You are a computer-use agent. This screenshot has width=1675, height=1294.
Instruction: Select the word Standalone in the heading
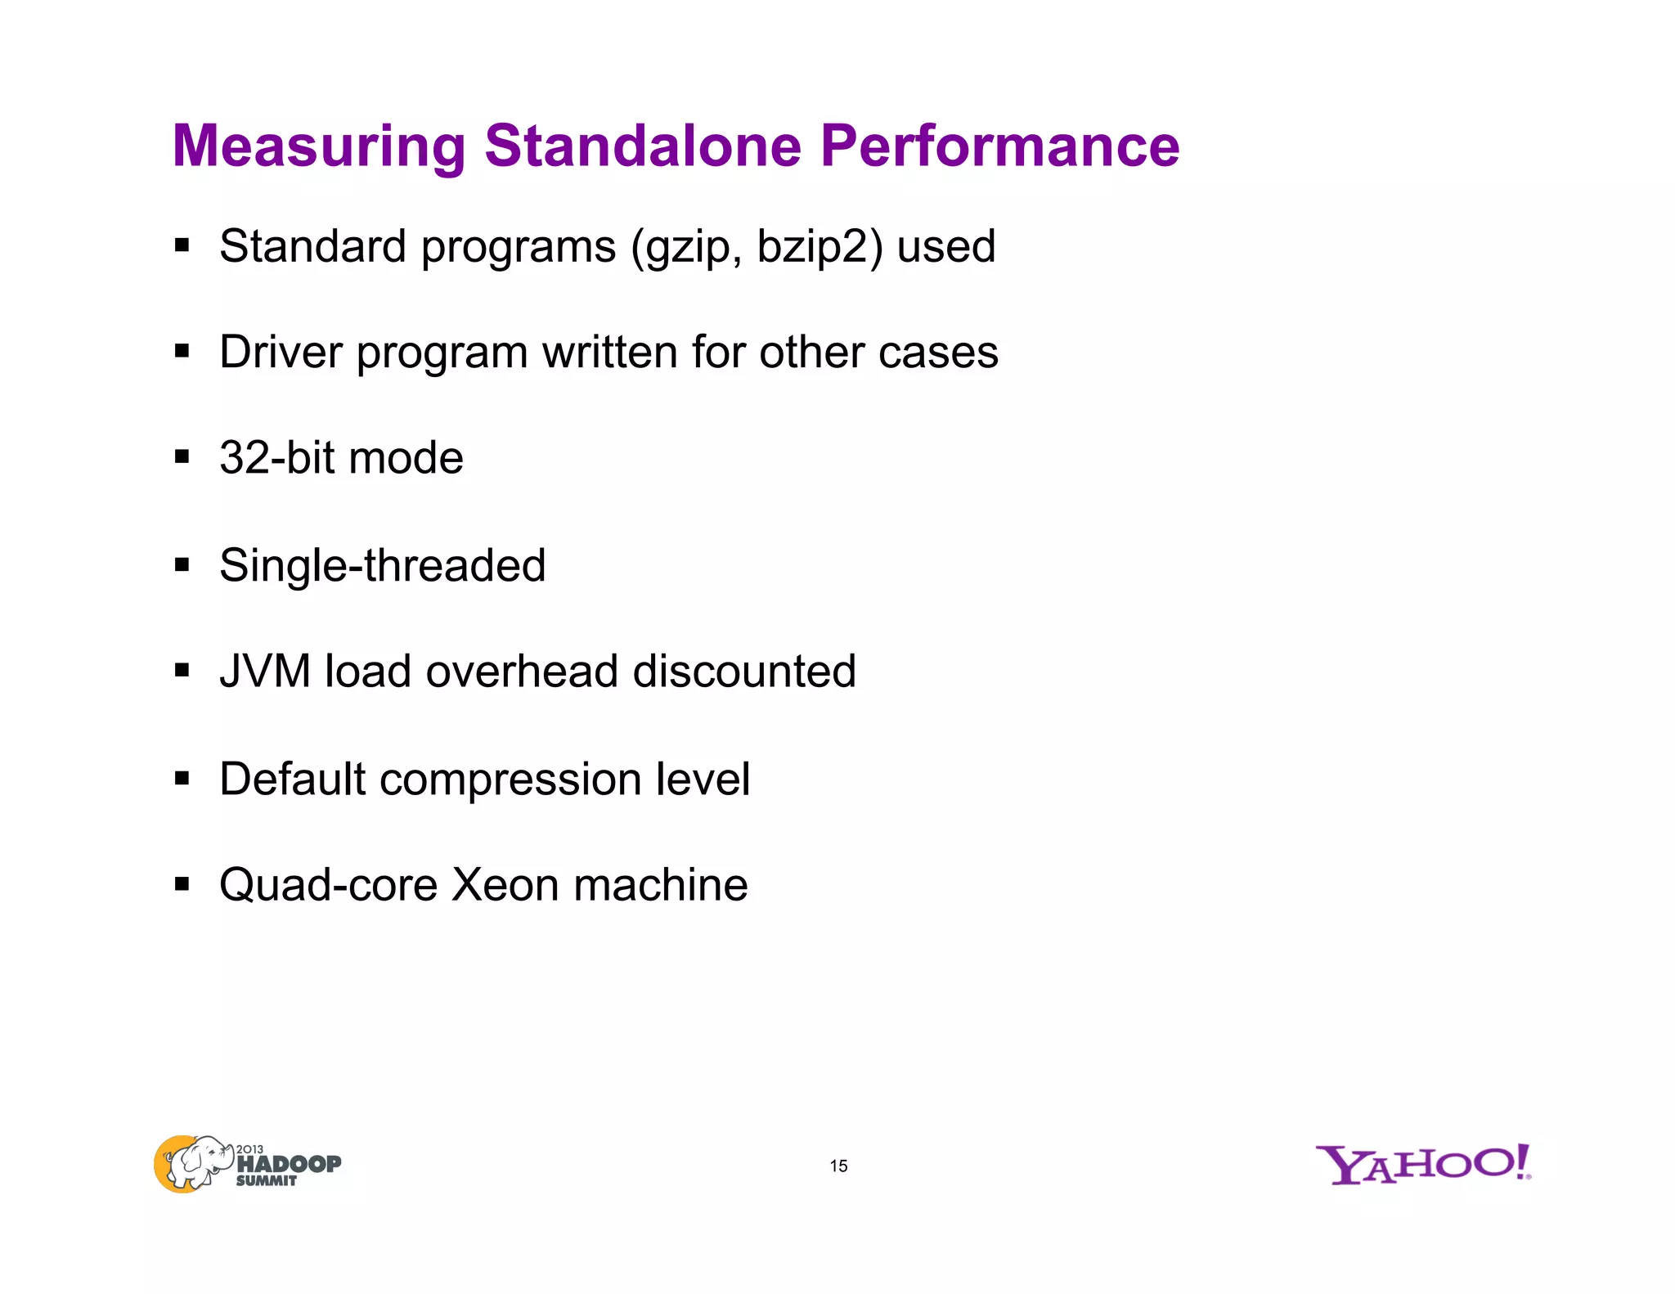[x=643, y=146]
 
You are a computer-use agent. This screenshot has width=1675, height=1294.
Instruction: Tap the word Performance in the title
[x=999, y=146]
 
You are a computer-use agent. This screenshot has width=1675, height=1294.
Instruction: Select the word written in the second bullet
[x=610, y=353]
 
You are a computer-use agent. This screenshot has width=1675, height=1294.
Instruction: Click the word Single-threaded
[x=382, y=565]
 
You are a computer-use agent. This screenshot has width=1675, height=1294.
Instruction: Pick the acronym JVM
[x=265, y=672]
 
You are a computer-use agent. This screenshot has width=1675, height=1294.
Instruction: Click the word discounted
[x=744, y=672]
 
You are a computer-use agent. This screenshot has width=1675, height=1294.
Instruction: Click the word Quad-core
[x=328, y=885]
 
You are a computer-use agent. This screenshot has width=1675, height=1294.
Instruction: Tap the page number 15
[x=838, y=1166]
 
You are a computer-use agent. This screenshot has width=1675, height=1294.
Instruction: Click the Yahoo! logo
[x=1422, y=1165]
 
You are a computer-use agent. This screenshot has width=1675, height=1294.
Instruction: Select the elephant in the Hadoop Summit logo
[x=195, y=1161]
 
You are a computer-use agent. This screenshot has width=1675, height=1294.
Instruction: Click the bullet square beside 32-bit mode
[x=182, y=456]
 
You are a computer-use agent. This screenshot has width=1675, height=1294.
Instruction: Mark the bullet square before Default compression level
[x=182, y=778]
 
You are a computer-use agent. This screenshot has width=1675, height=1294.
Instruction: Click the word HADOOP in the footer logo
[x=289, y=1164]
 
